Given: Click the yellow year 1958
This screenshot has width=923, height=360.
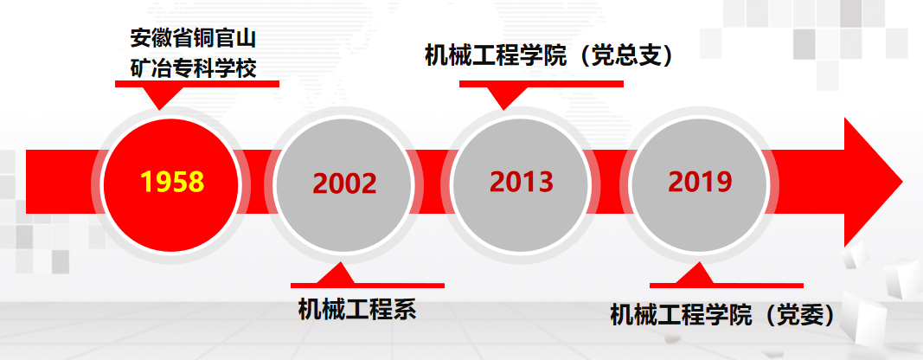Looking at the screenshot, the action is point(172,182).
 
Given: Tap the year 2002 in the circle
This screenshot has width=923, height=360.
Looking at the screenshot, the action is point(344,183).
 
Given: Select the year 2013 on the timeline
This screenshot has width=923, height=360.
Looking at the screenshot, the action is point(522,182).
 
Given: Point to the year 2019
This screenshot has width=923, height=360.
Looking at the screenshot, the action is point(700,182).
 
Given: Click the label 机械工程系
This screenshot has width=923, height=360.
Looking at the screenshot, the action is point(357,309).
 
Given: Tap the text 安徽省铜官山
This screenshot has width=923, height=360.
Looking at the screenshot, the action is point(193,40).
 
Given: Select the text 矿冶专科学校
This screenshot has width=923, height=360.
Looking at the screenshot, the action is point(193,68).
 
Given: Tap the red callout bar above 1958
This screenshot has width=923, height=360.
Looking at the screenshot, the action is point(196,84).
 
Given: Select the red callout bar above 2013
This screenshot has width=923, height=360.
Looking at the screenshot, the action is point(541,84).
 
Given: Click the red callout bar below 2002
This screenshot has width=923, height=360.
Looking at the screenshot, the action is point(368,286).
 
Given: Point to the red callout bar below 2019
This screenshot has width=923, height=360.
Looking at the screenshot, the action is point(727,286).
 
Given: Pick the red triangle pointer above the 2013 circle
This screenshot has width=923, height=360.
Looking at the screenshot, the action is point(503,97).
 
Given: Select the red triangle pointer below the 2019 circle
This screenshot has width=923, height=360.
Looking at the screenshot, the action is point(695,274).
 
